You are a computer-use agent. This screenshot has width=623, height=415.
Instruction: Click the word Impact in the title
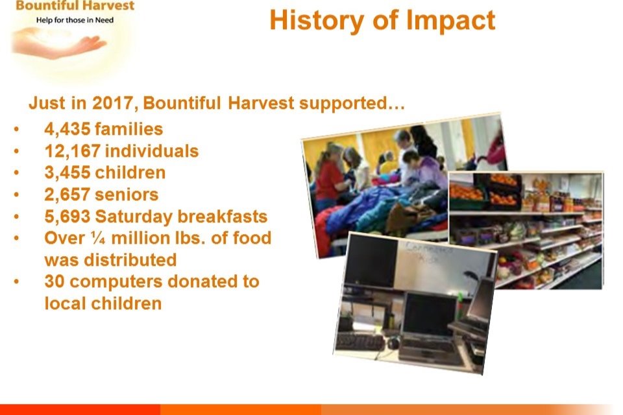click(451, 21)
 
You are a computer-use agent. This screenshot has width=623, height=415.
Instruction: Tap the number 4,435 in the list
click(67, 130)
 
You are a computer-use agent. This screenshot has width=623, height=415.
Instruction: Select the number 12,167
click(72, 151)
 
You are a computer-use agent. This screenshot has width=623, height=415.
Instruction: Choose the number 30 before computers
click(55, 281)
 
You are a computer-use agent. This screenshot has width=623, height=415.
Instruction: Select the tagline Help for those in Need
click(75, 20)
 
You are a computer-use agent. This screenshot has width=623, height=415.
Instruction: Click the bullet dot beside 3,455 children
click(16, 173)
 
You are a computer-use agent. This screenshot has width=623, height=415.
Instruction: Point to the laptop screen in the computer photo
click(429, 316)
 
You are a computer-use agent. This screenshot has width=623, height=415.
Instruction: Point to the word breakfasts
click(222, 217)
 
